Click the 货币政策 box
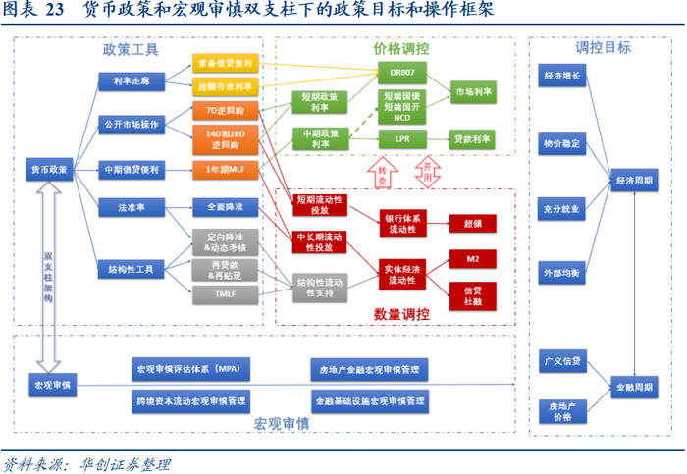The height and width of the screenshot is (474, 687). click(x=49, y=169)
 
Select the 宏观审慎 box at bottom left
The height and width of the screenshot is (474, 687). click(x=50, y=385)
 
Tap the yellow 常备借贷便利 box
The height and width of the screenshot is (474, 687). click(x=225, y=63)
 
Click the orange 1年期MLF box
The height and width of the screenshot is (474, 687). click(x=225, y=169)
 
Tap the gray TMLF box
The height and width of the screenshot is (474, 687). click(x=225, y=292)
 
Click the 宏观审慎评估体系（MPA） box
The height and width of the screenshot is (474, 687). click(x=193, y=369)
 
